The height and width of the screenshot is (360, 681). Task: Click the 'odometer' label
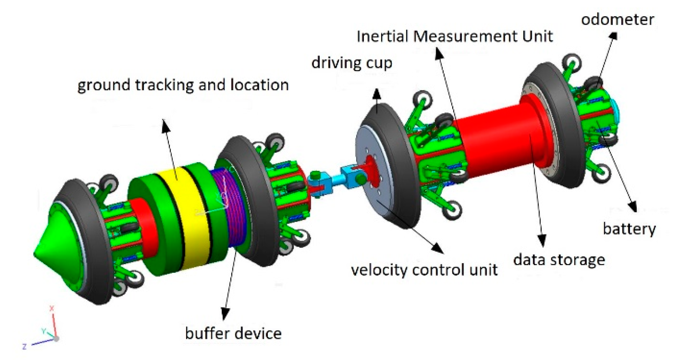pyautogui.click(x=617, y=19)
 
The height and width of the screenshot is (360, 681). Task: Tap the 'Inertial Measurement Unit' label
pyautogui.click(x=454, y=36)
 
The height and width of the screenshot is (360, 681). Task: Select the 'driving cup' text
pyautogui.click(x=351, y=63)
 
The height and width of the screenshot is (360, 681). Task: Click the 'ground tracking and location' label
pyautogui.click(x=183, y=85)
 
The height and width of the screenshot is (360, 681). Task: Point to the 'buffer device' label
pyautogui.click(x=233, y=333)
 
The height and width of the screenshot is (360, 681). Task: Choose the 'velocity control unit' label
pyautogui.click(x=424, y=270)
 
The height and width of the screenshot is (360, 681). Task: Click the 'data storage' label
pyautogui.click(x=559, y=260)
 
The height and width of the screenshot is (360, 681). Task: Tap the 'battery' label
pyautogui.click(x=629, y=229)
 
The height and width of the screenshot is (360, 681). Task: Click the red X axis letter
pyautogui.click(x=52, y=308)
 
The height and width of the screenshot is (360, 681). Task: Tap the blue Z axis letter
pyautogui.click(x=24, y=347)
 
